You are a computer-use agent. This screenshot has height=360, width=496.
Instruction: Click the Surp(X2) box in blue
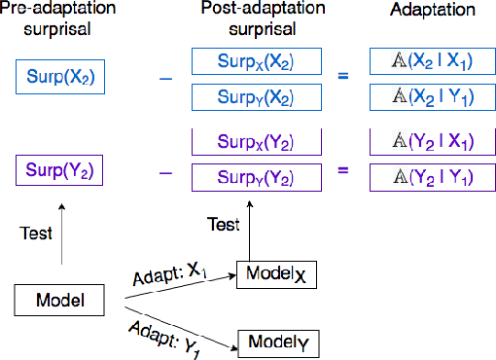59,75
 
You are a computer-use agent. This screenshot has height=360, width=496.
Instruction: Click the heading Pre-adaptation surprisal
59,20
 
